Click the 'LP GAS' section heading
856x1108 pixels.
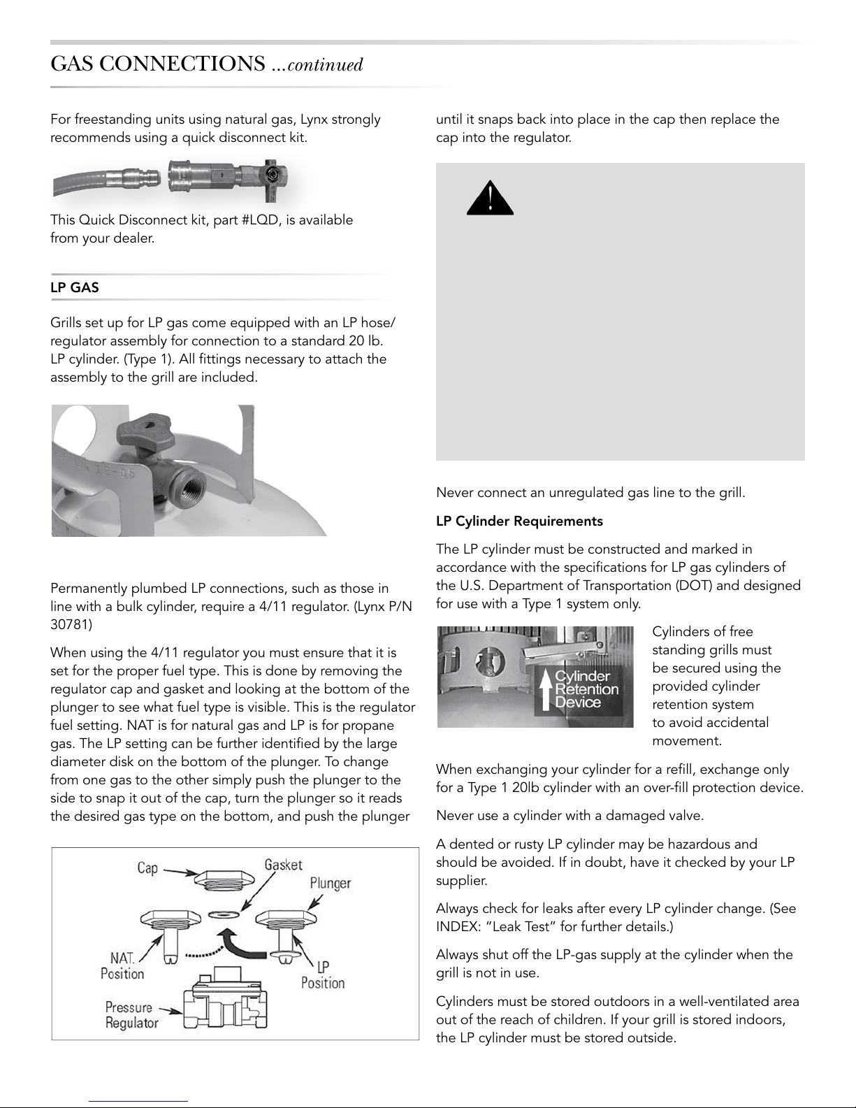click(x=75, y=287)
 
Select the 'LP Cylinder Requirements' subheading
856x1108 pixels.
click(x=519, y=521)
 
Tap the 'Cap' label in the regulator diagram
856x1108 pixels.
click(x=147, y=868)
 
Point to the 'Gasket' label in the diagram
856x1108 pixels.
click(x=283, y=864)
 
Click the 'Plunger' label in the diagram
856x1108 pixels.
click(x=331, y=883)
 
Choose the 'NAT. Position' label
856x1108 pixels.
click(x=122, y=965)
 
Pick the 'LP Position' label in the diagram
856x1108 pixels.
click(x=323, y=975)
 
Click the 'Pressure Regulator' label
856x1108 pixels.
click(x=131, y=1015)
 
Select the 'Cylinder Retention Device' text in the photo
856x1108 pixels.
click(x=586, y=689)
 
